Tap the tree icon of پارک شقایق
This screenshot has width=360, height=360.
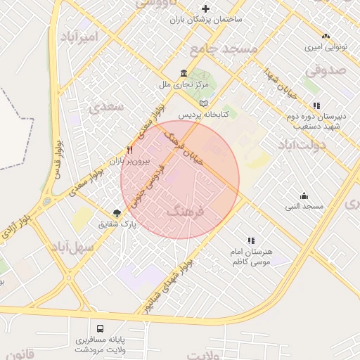pos(117,212)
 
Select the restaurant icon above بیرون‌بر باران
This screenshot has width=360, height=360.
pos(129,150)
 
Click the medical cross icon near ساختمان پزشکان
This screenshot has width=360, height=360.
pos(205,8)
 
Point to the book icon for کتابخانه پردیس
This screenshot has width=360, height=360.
pos(204,103)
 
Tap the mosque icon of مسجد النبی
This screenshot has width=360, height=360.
pos(303,195)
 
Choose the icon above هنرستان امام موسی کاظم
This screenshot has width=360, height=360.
pos(250,240)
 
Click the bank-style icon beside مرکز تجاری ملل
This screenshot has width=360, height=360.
pos(184,73)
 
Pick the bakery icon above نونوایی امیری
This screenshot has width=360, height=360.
pos(325,36)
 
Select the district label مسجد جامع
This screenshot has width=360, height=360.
pos(224,49)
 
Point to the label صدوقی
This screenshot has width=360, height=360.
pos(327,70)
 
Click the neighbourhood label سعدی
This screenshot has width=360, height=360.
pos(105,107)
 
